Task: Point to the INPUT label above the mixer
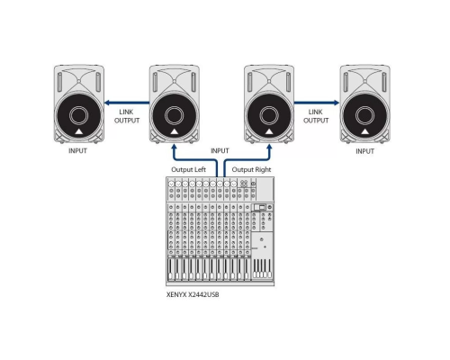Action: point(220,151)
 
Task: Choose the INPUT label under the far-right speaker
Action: point(364,151)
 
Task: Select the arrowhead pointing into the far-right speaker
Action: point(334,103)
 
